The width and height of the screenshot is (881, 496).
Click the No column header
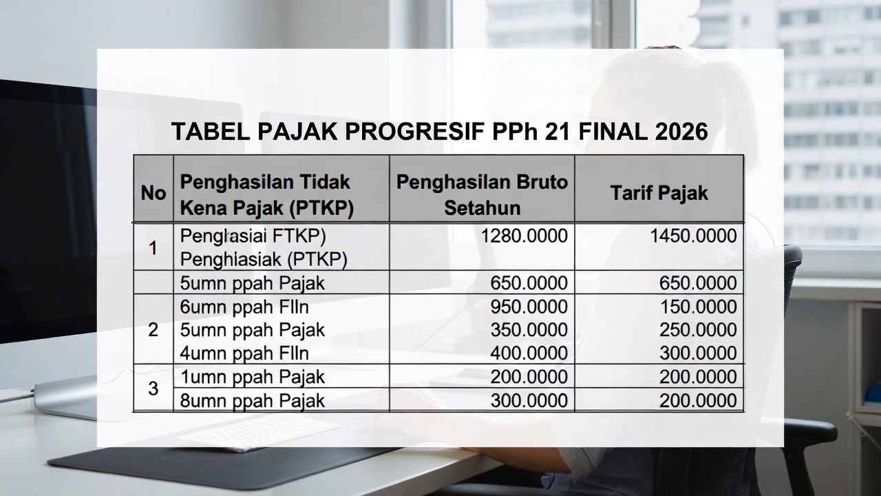(x=153, y=193)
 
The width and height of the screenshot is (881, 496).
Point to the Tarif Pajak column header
(x=659, y=193)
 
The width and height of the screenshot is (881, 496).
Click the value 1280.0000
(x=525, y=236)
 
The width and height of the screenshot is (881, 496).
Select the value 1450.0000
(x=693, y=236)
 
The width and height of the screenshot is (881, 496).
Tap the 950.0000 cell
(x=529, y=307)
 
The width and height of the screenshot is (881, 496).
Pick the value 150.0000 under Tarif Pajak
(x=698, y=307)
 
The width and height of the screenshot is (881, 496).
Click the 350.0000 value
(x=529, y=330)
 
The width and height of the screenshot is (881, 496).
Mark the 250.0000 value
(x=698, y=330)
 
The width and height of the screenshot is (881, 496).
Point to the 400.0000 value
(x=529, y=353)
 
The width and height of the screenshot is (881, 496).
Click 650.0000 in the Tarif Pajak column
(x=698, y=283)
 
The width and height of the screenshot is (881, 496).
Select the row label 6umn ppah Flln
(x=244, y=307)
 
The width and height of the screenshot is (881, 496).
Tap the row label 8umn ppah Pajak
(x=252, y=401)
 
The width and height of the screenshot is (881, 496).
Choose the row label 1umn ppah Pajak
(x=252, y=378)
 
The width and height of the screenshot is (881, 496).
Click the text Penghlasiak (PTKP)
(x=263, y=259)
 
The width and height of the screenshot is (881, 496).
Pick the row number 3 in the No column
(x=153, y=389)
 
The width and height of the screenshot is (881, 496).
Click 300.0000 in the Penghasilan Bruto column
(x=529, y=401)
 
